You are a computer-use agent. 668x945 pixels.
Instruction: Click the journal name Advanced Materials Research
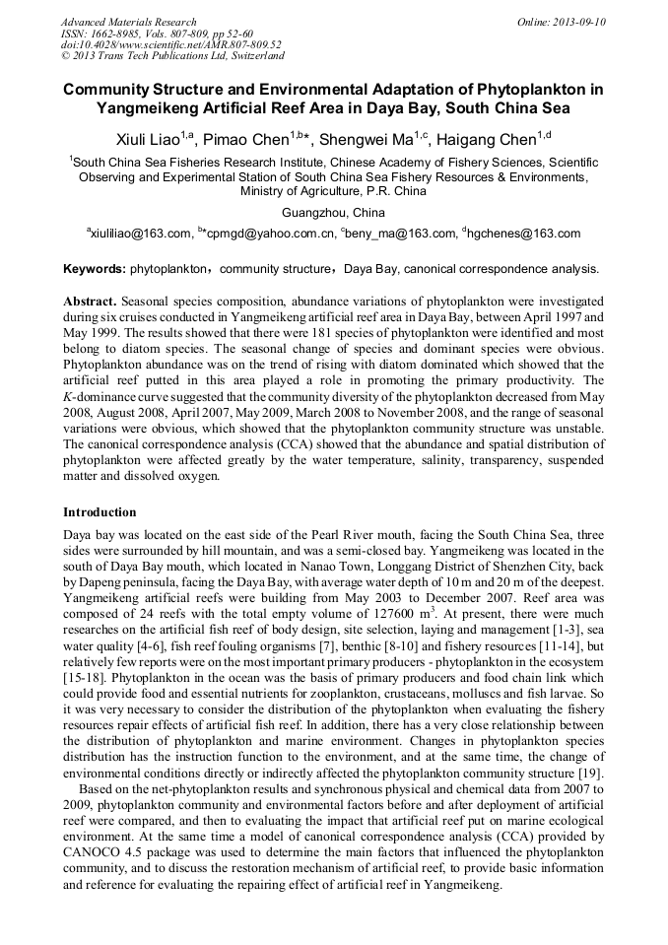click(x=128, y=21)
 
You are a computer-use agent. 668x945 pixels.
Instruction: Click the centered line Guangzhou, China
click(x=333, y=213)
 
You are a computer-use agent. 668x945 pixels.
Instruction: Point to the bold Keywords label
click(x=95, y=269)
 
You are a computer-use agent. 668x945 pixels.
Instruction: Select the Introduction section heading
click(x=100, y=512)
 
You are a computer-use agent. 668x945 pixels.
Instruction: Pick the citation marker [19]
click(x=591, y=746)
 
